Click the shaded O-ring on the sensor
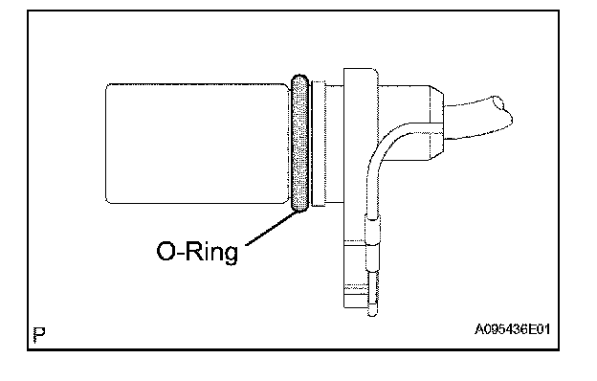300,144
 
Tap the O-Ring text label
197,252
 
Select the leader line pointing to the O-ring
272,228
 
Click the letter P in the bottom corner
39,334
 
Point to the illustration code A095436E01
512,329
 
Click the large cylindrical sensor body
197,144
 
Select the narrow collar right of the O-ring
319,144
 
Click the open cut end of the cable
503,110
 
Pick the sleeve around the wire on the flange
373,229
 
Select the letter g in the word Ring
231,255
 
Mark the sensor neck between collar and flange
334,144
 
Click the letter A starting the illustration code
479,329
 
